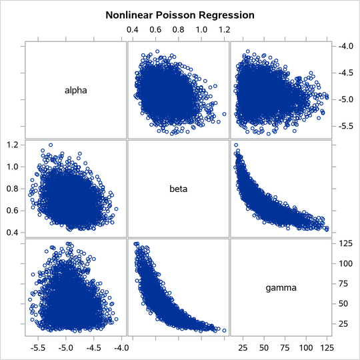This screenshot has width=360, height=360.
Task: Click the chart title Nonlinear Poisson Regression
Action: [179, 14]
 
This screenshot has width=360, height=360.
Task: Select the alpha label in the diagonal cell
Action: [75, 89]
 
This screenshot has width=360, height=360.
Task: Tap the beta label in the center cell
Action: [178, 189]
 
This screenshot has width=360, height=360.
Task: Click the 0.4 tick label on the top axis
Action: [133, 30]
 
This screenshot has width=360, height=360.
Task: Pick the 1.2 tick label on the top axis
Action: [224, 30]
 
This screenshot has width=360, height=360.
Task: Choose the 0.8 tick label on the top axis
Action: [179, 30]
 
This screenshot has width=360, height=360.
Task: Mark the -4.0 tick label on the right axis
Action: [345, 46]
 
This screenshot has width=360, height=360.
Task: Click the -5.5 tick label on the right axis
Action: [345, 125]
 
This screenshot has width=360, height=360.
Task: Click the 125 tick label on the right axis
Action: [344, 244]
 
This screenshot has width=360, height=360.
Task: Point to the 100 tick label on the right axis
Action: [344, 264]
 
